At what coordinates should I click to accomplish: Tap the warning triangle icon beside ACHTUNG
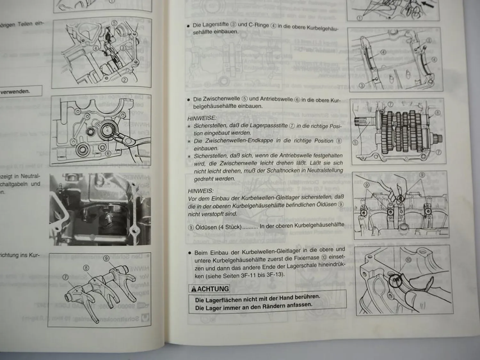(x=194, y=289)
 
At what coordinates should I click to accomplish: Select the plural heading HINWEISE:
(x=202, y=118)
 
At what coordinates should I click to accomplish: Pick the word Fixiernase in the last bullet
(x=305, y=258)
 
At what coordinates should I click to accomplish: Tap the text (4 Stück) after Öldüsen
(x=227, y=227)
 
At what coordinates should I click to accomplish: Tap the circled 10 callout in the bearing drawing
(x=408, y=260)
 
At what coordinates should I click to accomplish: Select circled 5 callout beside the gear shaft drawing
(x=355, y=142)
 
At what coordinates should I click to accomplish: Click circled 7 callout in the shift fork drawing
(x=66, y=277)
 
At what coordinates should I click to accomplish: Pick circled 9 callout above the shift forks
(x=107, y=259)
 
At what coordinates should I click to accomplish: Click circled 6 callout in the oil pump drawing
(x=108, y=154)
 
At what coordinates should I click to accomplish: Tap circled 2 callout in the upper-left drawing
(x=124, y=80)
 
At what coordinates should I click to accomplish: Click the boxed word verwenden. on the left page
(x=15, y=91)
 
